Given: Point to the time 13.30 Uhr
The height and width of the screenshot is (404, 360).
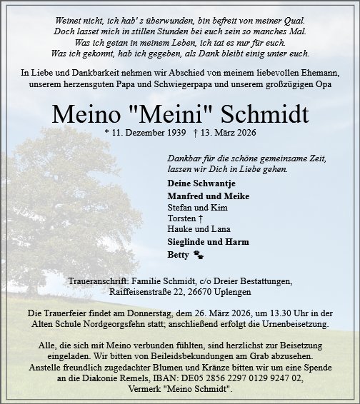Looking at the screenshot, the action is (x=267, y=313).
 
